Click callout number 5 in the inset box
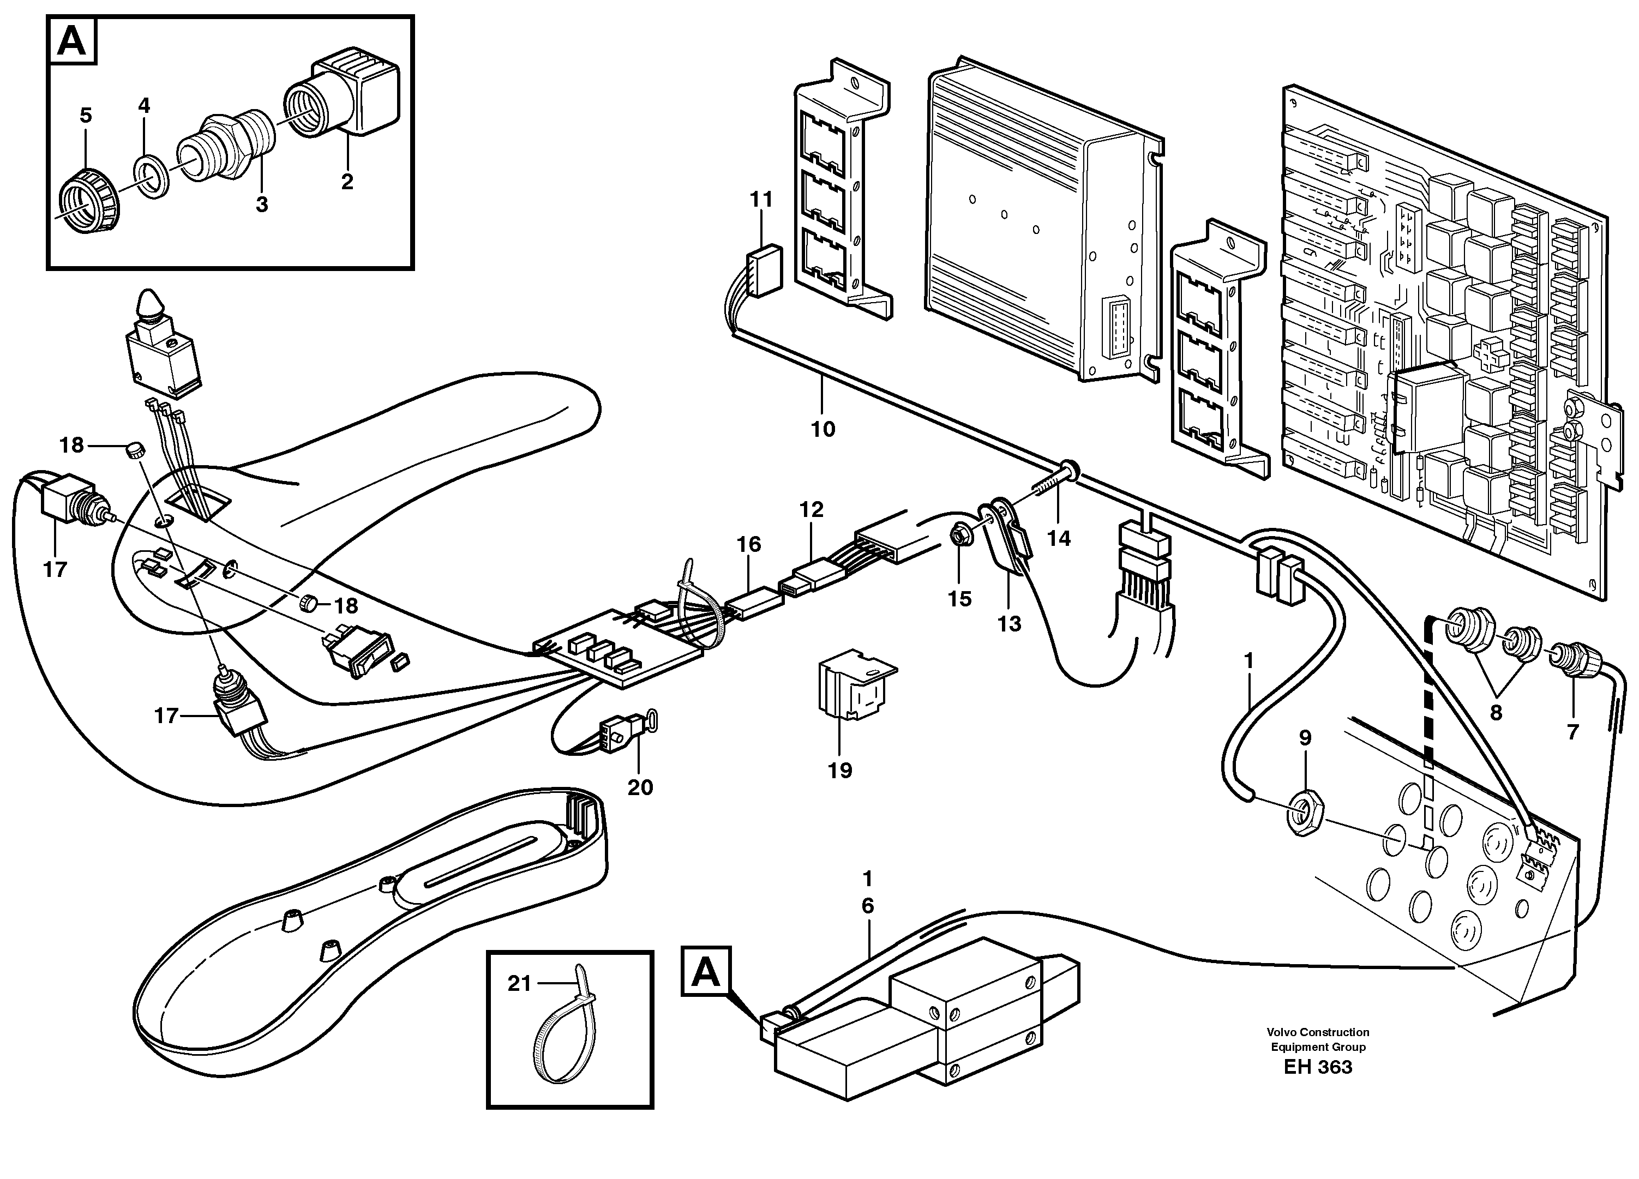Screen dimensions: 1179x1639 [x=86, y=116]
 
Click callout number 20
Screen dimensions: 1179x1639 [x=640, y=787]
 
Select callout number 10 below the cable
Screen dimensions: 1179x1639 [x=822, y=429]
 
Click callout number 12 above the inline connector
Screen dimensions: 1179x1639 [x=811, y=509]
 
